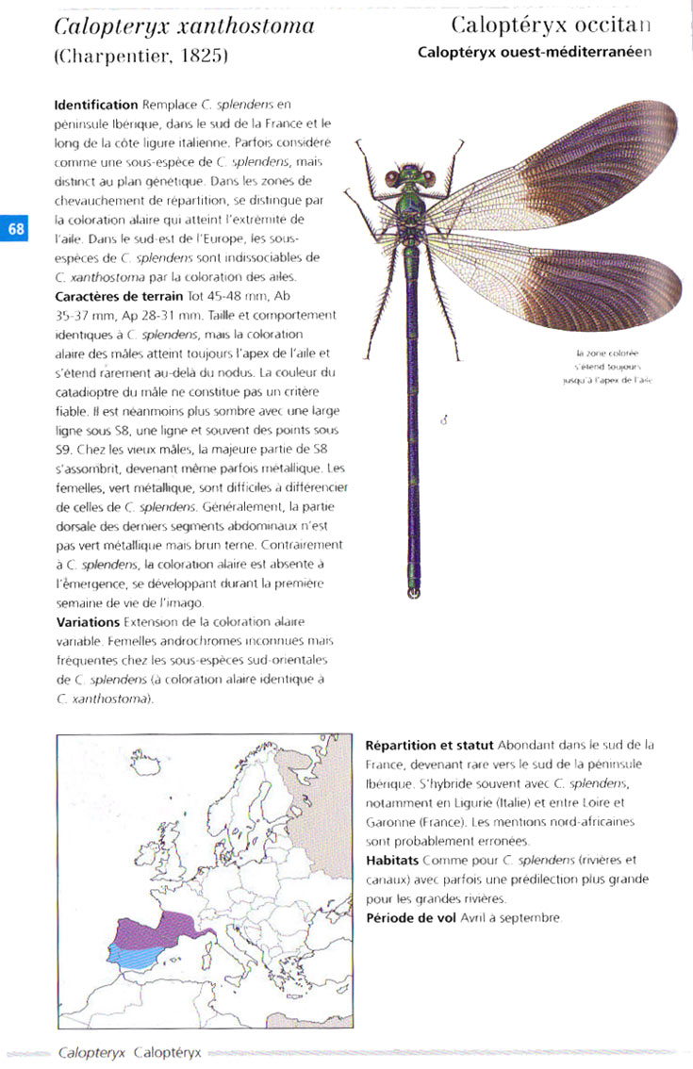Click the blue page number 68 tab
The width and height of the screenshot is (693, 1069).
coord(15,229)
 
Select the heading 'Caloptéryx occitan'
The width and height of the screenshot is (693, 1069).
coord(551,25)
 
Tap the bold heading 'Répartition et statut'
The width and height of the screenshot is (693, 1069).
coord(428,745)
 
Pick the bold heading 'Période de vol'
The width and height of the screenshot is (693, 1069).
coord(412,917)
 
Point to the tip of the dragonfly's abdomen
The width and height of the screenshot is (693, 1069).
coord(413,593)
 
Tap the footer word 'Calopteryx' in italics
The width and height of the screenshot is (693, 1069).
coord(92,1052)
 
